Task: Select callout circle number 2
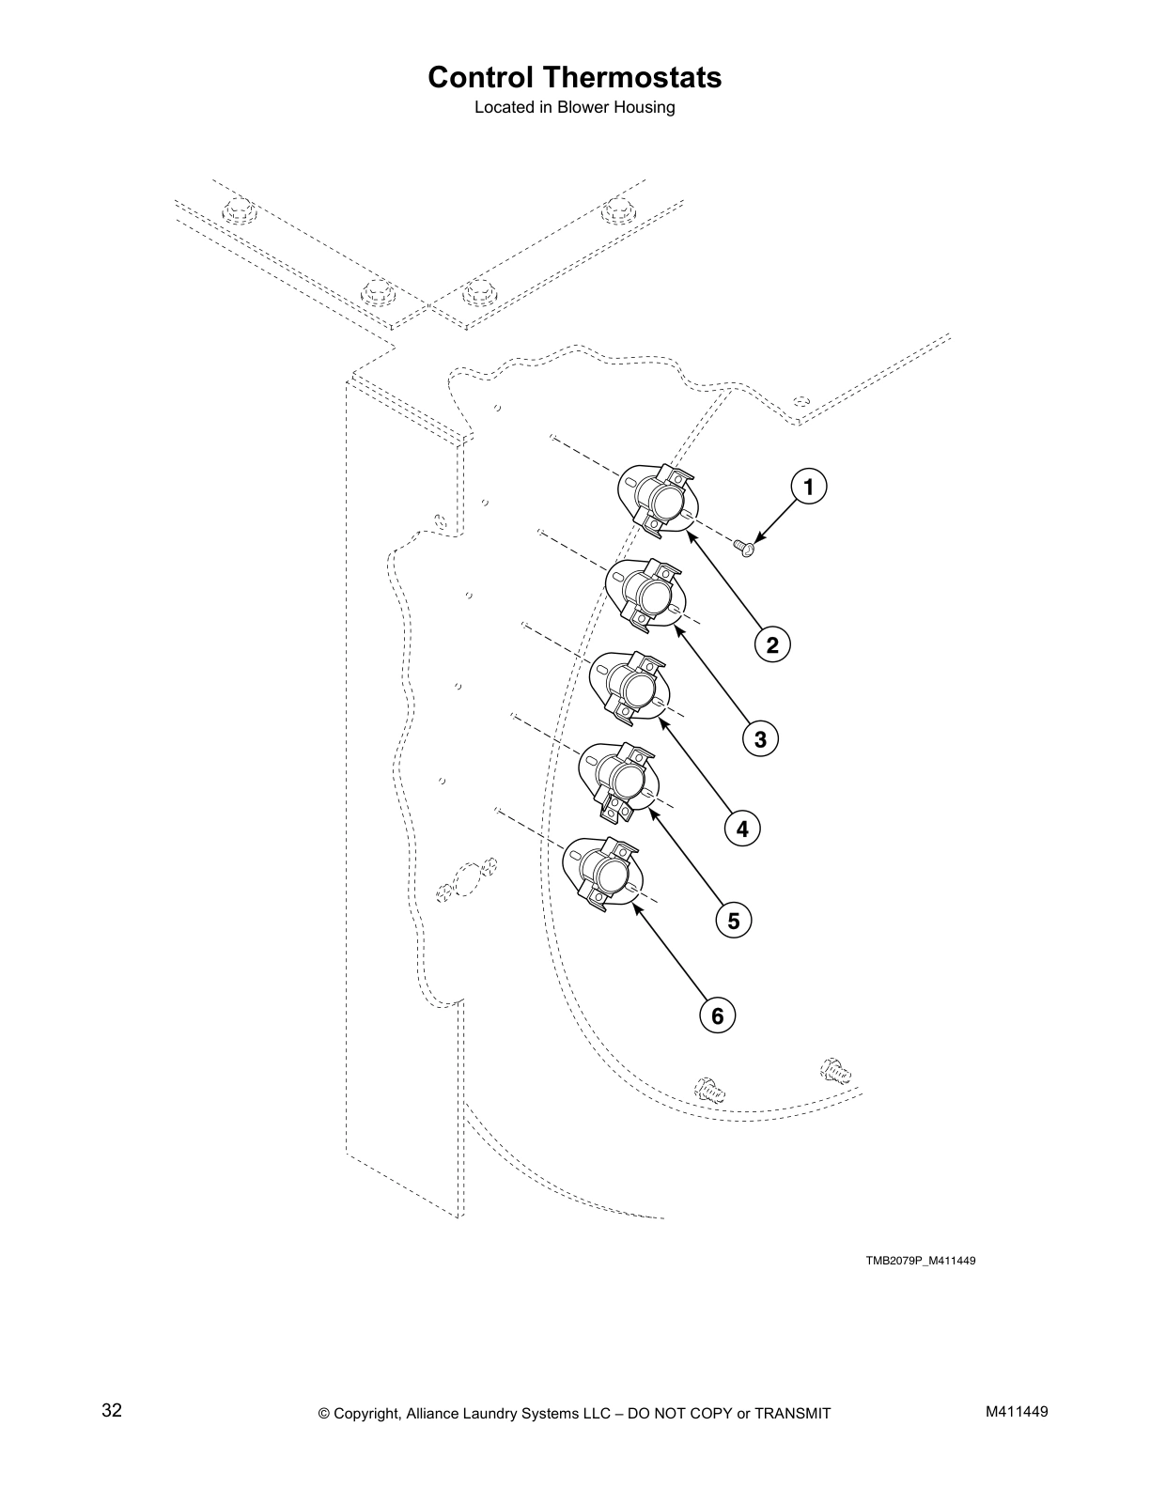772,645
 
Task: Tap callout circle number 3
760,739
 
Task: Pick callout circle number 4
742,829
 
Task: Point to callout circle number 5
734,921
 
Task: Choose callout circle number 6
717,1015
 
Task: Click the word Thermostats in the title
636,77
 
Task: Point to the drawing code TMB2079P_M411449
920,1261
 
